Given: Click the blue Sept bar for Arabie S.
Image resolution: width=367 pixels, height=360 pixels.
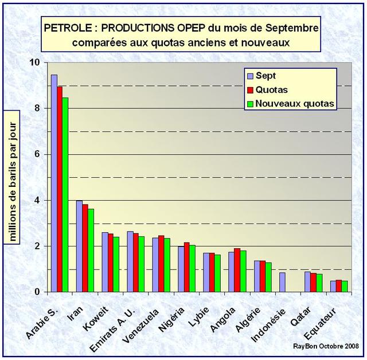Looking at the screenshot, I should pyautogui.click(x=54, y=183).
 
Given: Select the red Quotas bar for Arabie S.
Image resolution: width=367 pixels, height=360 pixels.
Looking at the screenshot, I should pyautogui.click(x=60, y=189).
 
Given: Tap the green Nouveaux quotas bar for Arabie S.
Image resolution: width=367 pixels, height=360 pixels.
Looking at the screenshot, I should pyautogui.click(x=65, y=195).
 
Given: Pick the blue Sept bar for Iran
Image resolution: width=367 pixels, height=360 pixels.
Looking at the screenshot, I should pyautogui.click(x=79, y=246).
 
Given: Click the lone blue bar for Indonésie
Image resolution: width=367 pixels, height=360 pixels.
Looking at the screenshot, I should pyautogui.click(x=282, y=282).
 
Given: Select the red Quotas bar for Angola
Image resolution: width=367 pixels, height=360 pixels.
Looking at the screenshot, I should pyautogui.click(x=237, y=270).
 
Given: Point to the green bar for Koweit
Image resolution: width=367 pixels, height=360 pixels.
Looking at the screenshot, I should pyautogui.click(x=116, y=264).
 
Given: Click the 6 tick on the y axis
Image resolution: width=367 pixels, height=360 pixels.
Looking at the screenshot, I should pyautogui.click(x=37, y=154).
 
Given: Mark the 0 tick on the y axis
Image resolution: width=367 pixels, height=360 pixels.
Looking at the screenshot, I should pyautogui.click(x=37, y=292).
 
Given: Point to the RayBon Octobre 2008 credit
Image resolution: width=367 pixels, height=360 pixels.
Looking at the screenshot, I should pyautogui.click(x=325, y=347).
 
